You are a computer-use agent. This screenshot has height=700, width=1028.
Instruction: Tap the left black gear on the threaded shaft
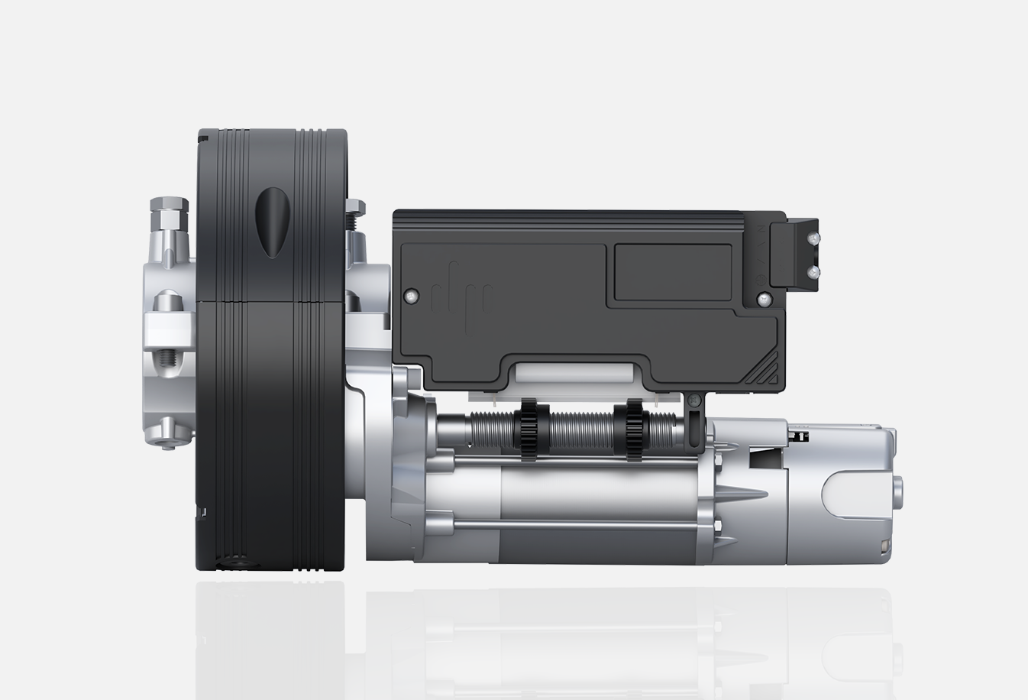[529, 432]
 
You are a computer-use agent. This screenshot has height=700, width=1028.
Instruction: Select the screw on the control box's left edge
[412, 295]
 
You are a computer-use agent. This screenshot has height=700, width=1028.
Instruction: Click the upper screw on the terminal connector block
[814, 239]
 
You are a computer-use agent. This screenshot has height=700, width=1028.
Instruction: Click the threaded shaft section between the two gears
[580, 432]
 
